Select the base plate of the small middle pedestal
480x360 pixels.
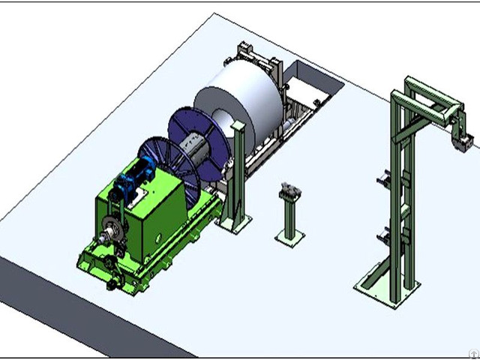pyautogui.click(x=289, y=237)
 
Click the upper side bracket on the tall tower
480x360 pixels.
pyautogui.click(x=384, y=181)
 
